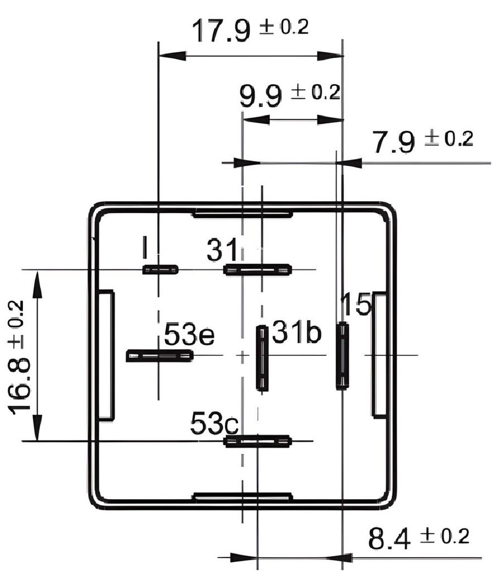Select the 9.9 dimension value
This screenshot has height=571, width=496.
click(x=260, y=96)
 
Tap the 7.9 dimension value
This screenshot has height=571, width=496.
click(x=394, y=142)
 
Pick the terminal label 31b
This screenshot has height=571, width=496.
click(x=297, y=333)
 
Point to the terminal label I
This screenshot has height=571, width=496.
click(x=145, y=248)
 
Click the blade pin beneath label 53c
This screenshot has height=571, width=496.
click(x=257, y=442)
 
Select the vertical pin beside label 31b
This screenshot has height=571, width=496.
click(x=261, y=357)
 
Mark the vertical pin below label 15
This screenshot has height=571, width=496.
click(x=342, y=355)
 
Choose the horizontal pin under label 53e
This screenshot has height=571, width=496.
click(x=160, y=355)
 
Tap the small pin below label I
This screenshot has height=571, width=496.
click(x=160, y=270)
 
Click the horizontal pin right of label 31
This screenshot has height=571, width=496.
click(x=257, y=270)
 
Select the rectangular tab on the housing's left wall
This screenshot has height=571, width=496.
click(x=106, y=355)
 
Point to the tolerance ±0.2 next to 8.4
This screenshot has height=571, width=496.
click(x=444, y=536)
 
